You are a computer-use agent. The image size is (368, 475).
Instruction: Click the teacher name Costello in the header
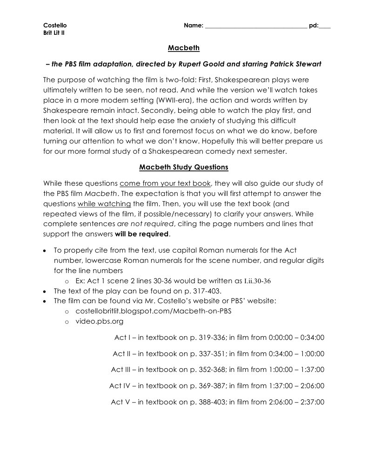54,25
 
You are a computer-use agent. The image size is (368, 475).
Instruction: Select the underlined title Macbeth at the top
184,48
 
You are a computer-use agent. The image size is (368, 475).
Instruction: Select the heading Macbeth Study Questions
184,167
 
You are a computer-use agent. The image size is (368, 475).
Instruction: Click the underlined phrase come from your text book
165,183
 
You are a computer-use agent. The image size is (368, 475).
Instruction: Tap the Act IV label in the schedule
120,385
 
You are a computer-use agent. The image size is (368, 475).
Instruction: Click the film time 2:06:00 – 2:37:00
296,402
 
